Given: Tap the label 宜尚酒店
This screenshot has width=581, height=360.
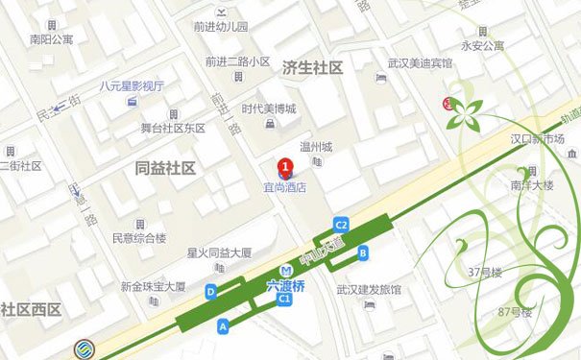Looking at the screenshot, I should [285, 188].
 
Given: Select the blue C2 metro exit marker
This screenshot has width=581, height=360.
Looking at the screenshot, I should [341, 224].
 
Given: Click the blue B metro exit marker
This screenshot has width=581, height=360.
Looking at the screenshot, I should [362, 252].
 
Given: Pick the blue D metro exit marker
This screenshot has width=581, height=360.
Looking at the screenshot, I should [210, 291].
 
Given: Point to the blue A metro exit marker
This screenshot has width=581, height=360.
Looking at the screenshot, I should [224, 326].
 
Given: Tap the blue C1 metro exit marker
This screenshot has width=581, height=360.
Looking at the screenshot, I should [284, 300].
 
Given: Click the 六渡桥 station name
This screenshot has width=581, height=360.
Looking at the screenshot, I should [285, 285].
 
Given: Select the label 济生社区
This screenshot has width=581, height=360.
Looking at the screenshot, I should [312, 68].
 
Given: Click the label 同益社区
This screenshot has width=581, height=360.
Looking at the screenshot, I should [165, 168].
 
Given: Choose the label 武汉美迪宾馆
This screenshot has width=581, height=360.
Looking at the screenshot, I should [419, 62].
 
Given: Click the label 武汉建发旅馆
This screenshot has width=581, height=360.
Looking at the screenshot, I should [369, 289].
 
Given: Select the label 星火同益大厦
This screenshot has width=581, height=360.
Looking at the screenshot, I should [219, 253].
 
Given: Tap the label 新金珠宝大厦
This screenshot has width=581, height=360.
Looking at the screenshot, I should [153, 286].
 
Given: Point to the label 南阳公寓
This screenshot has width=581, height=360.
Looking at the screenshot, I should [51, 40].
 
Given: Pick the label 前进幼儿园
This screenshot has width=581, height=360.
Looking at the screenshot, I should [220, 26].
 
